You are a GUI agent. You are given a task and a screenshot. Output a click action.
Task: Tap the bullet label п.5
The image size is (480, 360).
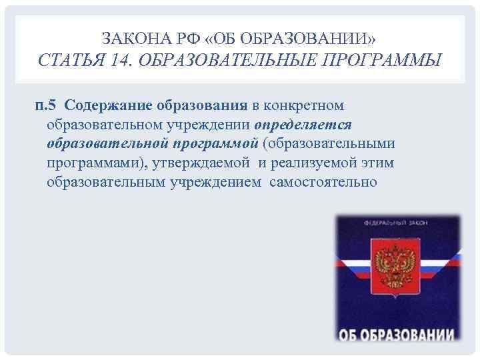[47, 105]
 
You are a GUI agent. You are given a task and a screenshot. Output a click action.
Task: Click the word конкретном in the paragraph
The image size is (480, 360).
[304, 105]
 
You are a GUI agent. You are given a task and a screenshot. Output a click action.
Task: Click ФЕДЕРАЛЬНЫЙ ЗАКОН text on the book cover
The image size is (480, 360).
[397, 226]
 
